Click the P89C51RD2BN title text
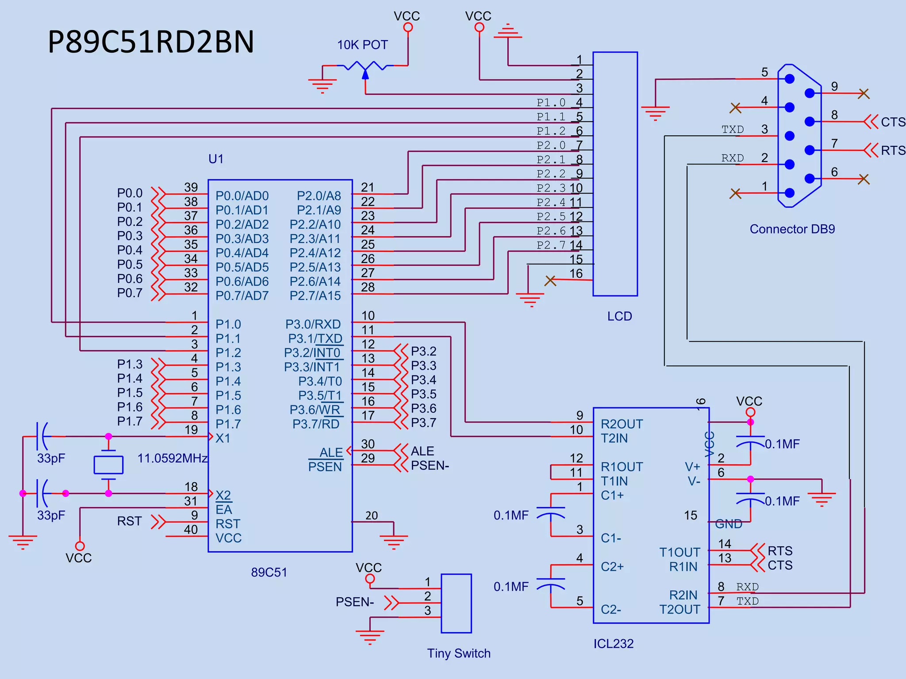[150, 42]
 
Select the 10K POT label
[362, 45]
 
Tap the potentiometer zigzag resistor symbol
[365, 66]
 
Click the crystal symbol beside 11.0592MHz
[108, 465]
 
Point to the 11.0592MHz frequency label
[172, 458]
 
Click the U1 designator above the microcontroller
[216, 159]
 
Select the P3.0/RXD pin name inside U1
[313, 324]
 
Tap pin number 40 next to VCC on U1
[191, 530]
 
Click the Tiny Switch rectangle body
[456, 603]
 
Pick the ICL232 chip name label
[613, 644]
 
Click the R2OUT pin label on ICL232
[621, 424]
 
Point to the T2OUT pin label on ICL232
[679, 610]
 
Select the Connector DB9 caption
[792, 229]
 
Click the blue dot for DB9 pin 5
[790, 79]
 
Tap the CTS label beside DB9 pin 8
[893, 122]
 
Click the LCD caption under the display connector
[619, 317]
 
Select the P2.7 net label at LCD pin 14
[551, 245]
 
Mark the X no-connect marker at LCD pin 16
[550, 281]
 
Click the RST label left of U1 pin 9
[129, 522]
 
